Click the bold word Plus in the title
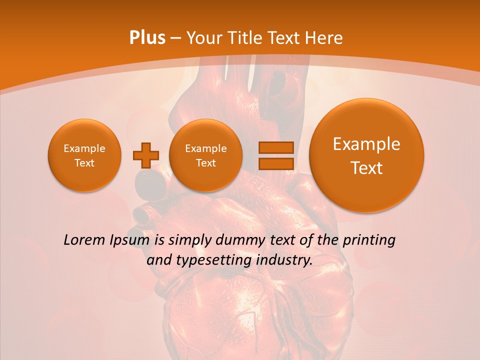tap(147, 38)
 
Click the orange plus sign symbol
tap(145, 155)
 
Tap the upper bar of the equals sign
tap(275, 147)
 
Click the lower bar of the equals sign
tap(275, 164)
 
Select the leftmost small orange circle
tap(84, 155)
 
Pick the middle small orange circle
tap(206, 155)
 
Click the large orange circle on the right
tap(366, 155)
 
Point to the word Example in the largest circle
tap(366, 144)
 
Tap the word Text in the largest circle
tap(366, 168)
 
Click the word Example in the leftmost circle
tap(84, 148)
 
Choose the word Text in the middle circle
tap(206, 163)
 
